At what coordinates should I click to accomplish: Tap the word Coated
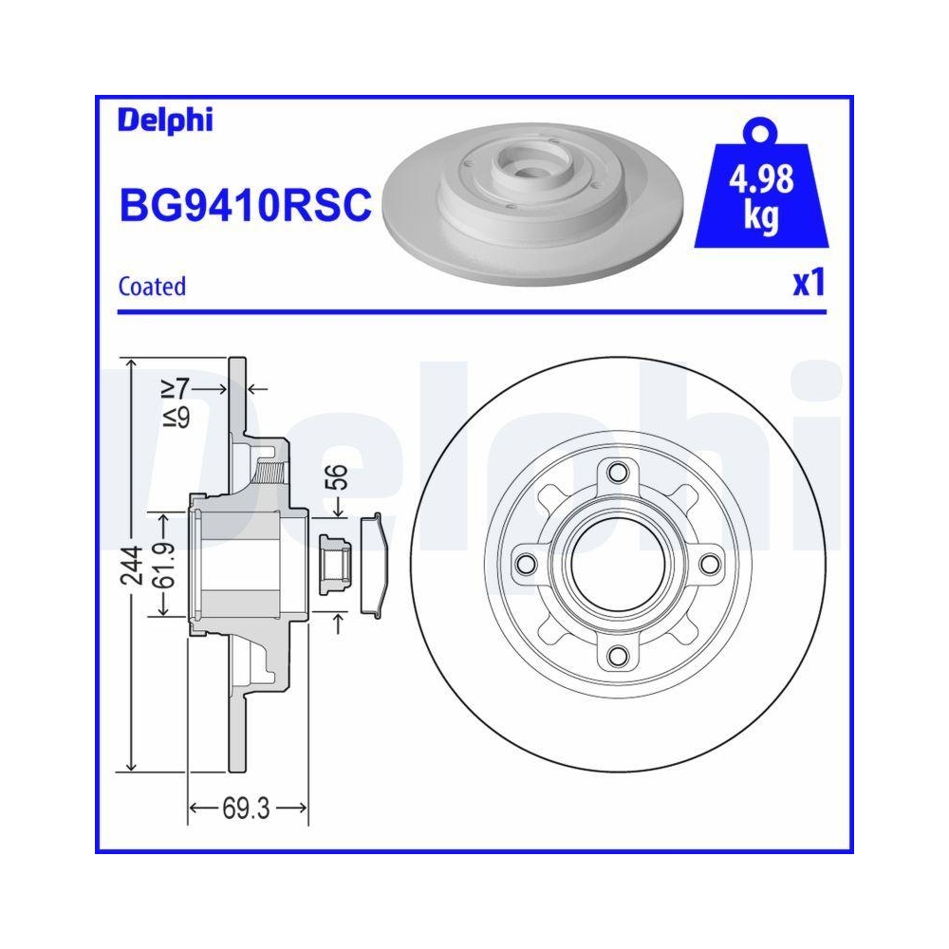(x=151, y=286)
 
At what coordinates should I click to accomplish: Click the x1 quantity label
(x=808, y=283)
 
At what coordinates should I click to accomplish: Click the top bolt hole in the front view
(x=618, y=474)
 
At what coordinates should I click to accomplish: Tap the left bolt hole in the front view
(x=527, y=564)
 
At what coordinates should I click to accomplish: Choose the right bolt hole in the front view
(x=708, y=564)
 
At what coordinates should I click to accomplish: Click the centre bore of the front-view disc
(x=618, y=564)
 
